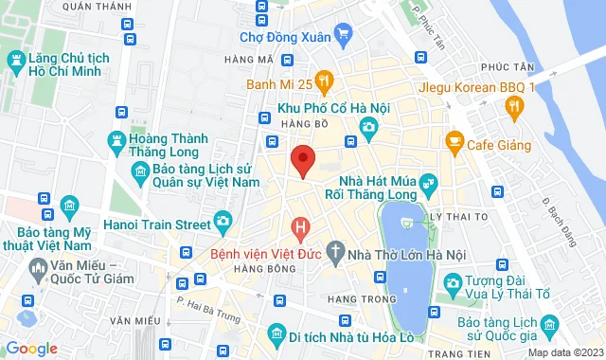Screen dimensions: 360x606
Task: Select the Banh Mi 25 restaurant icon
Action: click(x=324, y=82)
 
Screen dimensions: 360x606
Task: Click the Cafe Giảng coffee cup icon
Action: click(x=454, y=143)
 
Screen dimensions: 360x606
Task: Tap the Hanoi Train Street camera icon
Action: click(x=223, y=224)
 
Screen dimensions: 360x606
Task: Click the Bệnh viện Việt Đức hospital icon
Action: click(x=300, y=229)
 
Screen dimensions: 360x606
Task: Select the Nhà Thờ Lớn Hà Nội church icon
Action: click(x=334, y=253)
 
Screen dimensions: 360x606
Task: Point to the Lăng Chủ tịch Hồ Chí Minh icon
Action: click(x=16, y=64)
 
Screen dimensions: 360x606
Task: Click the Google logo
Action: click(x=31, y=348)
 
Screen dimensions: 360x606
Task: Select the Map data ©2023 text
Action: click(x=565, y=352)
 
